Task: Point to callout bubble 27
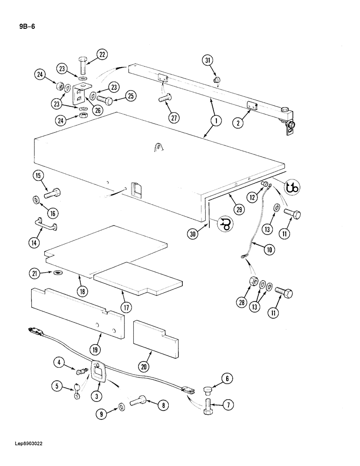174,118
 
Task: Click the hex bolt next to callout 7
208,404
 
